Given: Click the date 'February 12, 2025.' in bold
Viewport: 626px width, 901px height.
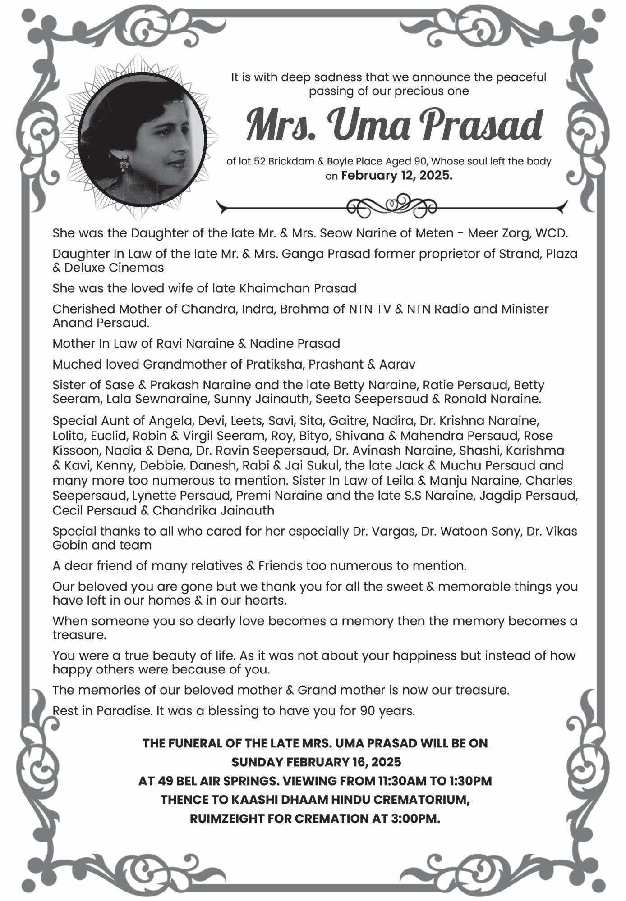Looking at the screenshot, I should pyautogui.click(x=396, y=175).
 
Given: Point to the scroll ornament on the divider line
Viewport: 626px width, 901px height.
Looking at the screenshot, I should pyautogui.click(x=391, y=205).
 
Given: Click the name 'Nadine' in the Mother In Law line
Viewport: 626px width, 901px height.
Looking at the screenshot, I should pyautogui.click(x=270, y=344).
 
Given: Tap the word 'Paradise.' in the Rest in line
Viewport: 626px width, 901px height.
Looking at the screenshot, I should pyautogui.click(x=124, y=711).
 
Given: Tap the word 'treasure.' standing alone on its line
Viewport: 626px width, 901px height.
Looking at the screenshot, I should pyautogui.click(x=79, y=635).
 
